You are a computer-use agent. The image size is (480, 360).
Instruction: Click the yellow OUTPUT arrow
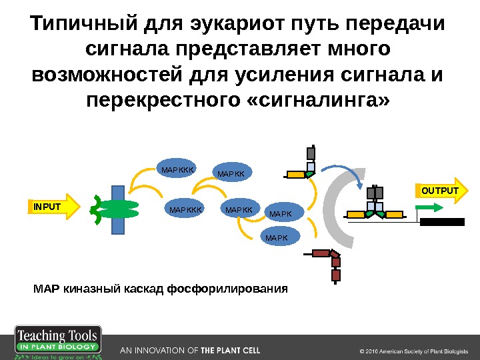tap(441, 192)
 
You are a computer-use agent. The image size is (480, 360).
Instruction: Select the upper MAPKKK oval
tap(177, 170)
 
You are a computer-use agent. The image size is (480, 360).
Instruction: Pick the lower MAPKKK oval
tap(185, 210)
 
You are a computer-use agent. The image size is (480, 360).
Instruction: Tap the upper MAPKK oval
tap(232, 174)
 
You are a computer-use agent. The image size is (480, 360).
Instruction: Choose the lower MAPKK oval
tap(239, 210)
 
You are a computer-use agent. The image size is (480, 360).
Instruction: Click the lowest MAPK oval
tap(277, 236)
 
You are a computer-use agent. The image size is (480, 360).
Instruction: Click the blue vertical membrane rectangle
tap(117, 207)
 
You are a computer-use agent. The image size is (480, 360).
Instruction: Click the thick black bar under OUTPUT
tap(441, 222)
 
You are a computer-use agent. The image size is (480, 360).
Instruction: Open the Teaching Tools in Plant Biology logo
tap(59, 342)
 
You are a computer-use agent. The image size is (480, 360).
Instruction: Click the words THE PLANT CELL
tap(231, 350)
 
